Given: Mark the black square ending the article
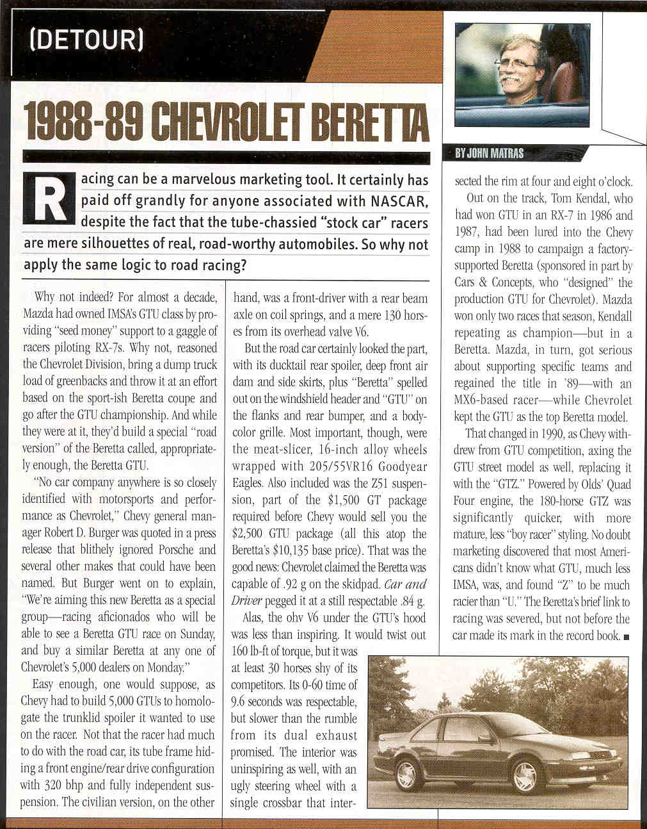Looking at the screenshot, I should (x=626, y=637).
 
